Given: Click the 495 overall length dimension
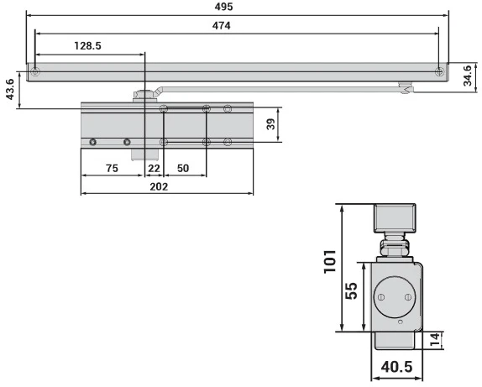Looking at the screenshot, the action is pyautogui.click(x=223, y=7).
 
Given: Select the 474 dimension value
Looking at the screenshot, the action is pyautogui.click(x=222, y=25).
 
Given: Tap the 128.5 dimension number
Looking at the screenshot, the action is pyautogui.click(x=87, y=46).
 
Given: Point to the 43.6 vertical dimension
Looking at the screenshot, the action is pyautogui.click(x=10, y=89).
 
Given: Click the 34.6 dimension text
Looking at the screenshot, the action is pyautogui.click(x=467, y=76).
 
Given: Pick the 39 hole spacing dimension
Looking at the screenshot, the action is pyautogui.click(x=271, y=124).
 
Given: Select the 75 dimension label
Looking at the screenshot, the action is pyautogui.click(x=112, y=168).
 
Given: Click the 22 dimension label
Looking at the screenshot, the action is pyautogui.click(x=154, y=168).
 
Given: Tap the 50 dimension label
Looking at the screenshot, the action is pyautogui.click(x=183, y=168).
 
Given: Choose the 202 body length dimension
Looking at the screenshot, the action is pyautogui.click(x=159, y=186).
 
